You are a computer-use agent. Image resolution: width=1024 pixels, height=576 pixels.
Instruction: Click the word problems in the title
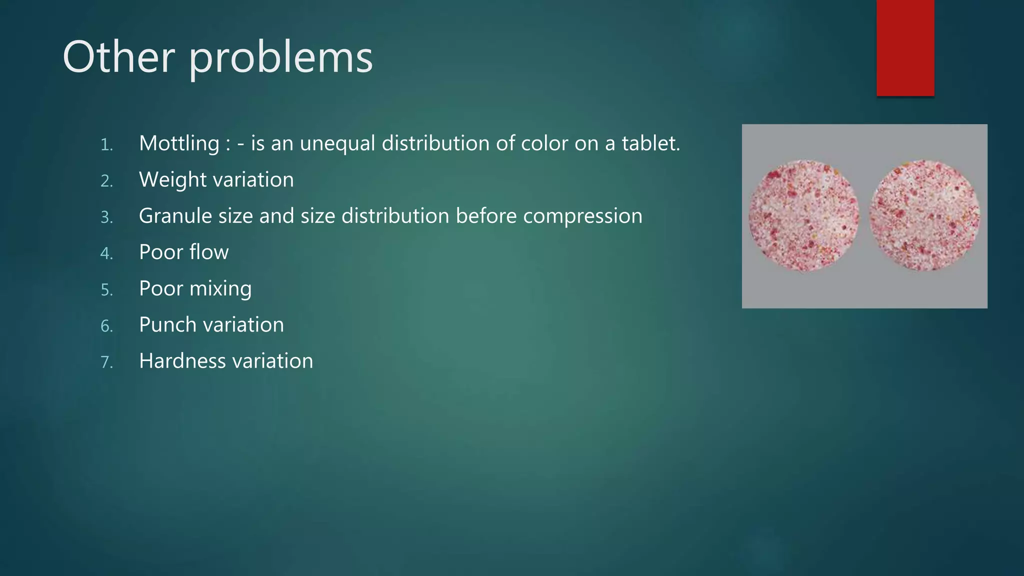pyautogui.click(x=280, y=59)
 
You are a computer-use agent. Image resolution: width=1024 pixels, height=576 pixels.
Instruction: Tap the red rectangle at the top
pyautogui.click(x=905, y=47)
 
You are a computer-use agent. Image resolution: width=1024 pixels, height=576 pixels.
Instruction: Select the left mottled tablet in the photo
pyautogui.click(x=803, y=216)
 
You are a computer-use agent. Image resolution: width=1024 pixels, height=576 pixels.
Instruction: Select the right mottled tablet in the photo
pyautogui.click(x=924, y=215)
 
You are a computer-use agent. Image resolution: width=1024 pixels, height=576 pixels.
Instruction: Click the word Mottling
pyautogui.click(x=179, y=144)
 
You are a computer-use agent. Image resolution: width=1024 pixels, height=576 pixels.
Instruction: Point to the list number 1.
pyautogui.click(x=106, y=145)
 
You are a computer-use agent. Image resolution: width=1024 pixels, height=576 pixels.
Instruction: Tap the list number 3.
pyautogui.click(x=106, y=217)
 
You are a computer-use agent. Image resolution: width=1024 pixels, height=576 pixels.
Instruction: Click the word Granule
pyautogui.click(x=175, y=216)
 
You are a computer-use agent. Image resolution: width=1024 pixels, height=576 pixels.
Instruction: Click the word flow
pyautogui.click(x=208, y=252)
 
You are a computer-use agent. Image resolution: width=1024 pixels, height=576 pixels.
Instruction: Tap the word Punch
pyautogui.click(x=167, y=325)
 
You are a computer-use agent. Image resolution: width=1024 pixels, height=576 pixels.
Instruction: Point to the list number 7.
pyautogui.click(x=106, y=362)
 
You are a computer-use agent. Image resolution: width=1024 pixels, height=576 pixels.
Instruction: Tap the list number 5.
pyautogui.click(x=106, y=290)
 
